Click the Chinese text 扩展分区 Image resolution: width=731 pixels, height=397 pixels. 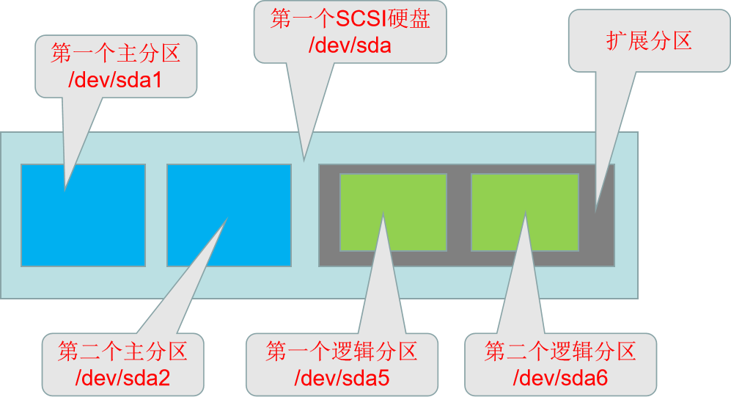click(649, 41)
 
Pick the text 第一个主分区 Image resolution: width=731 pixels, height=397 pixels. click(114, 54)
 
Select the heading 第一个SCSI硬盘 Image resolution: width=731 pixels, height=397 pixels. click(350, 20)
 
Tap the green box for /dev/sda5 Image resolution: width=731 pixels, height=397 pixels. click(418, 198)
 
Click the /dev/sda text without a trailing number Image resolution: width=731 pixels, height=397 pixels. click(350, 45)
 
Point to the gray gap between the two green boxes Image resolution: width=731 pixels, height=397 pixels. click(459, 213)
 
